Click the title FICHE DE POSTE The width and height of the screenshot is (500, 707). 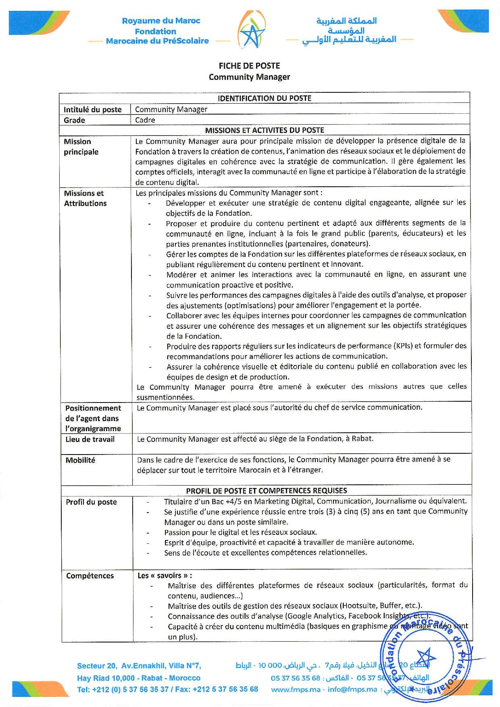pyautogui.click(x=249, y=66)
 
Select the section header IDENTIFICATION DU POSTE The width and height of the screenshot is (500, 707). pyautogui.click(x=264, y=98)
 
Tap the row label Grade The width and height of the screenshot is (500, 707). pyautogui.click(x=75, y=120)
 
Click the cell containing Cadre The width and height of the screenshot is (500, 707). pyautogui.click(x=145, y=120)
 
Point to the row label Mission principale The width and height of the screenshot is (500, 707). pyautogui.click(x=81, y=147)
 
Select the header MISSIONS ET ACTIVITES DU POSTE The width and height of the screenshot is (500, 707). pyautogui.click(x=264, y=130)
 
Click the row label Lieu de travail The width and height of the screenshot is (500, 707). pyautogui.click(x=90, y=439)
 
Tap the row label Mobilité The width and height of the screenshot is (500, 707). pyautogui.click(x=81, y=460)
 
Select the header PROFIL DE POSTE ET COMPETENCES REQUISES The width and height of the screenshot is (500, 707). pyautogui.click(x=266, y=490)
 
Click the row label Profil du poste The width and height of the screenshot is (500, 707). pyautogui.click(x=92, y=502)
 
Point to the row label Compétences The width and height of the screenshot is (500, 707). pyautogui.click(x=90, y=576)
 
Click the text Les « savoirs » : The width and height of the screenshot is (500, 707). pyautogui.click(x=165, y=576)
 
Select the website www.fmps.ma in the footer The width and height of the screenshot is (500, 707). pyautogui.click(x=296, y=690)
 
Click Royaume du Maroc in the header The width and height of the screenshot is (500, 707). pyautogui.click(x=161, y=21)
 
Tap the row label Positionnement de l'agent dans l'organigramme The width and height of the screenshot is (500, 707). pyautogui.click(x=93, y=418)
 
